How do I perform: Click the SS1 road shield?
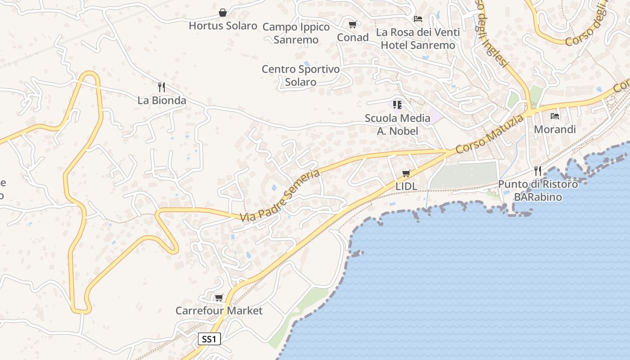point(210,339)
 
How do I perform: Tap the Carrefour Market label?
point(219,310)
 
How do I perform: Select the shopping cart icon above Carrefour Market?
point(219,297)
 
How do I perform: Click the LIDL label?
point(406,186)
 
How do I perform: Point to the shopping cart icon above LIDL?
point(406,173)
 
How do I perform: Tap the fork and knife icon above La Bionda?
point(162,87)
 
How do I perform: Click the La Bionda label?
point(162,100)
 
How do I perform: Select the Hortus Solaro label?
point(223,26)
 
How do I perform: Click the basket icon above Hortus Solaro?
point(223,12)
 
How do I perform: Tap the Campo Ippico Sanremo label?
point(296,33)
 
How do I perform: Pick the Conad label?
point(353,37)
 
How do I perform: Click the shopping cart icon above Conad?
point(353,24)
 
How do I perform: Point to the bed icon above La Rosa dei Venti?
point(418,19)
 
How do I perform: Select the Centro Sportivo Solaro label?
point(301,76)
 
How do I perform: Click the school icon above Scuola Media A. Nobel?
point(397,105)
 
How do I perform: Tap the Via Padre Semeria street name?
point(280,196)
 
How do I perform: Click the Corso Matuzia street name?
point(490,134)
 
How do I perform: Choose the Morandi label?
point(555,130)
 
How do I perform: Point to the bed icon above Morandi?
point(555,116)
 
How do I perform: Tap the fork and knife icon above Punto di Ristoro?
point(538,171)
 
